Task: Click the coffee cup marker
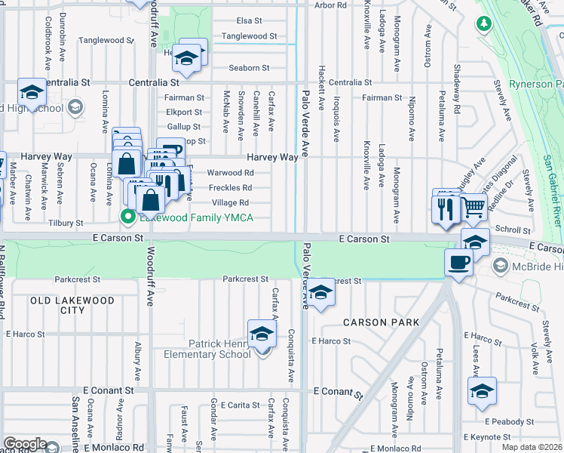(x=459, y=263)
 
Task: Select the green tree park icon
(x=483, y=23)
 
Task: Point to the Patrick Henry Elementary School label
(x=219, y=349)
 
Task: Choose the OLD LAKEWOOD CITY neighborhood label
(x=72, y=305)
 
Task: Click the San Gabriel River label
(x=551, y=188)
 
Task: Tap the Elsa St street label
(x=249, y=20)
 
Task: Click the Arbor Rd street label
(x=330, y=5)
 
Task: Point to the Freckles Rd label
(x=231, y=188)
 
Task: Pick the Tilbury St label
(x=66, y=223)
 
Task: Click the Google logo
(x=25, y=444)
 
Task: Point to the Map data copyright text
(x=532, y=447)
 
